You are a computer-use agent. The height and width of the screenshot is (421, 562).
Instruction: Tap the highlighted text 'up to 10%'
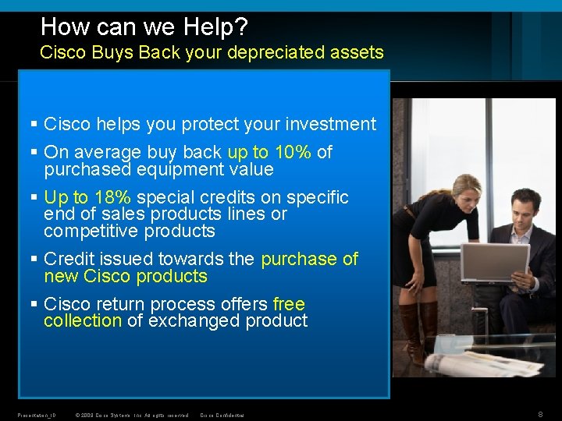(269, 152)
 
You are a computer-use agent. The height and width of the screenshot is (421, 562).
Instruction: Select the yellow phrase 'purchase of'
(309, 259)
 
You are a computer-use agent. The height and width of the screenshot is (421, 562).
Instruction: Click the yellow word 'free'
(289, 304)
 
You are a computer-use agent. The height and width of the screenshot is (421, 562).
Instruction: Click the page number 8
(540, 415)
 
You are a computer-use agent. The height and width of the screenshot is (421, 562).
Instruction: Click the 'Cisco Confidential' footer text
(222, 416)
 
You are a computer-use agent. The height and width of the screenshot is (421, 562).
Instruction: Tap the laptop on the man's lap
(495, 262)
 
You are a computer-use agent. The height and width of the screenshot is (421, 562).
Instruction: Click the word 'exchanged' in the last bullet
(186, 321)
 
